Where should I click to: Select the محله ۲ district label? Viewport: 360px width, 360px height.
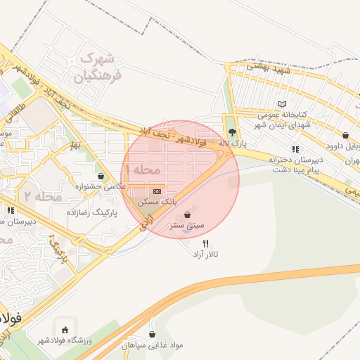coord(44,196)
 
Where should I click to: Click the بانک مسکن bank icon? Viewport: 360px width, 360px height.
coord(157,191)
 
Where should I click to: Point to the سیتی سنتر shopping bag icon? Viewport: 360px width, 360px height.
coord(187,214)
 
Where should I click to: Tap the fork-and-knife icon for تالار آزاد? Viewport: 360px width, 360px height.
coord(205,243)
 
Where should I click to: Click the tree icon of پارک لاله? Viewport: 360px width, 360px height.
coord(232,132)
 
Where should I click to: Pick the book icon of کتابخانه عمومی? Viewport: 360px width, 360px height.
coord(283,104)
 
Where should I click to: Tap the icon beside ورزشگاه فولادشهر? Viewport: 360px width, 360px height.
coord(65,328)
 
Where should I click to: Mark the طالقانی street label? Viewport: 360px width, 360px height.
coord(16,113)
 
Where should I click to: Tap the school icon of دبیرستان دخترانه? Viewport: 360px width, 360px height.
coord(295,149)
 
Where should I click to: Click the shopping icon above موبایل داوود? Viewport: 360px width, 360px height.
coord(345,135)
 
